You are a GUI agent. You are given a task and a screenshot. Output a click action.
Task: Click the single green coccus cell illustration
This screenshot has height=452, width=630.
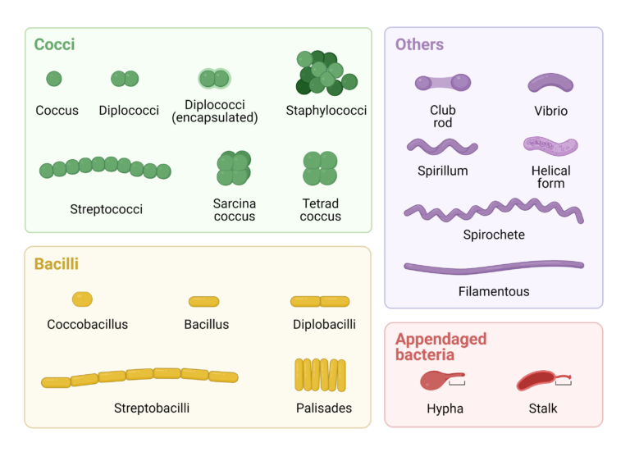click(54, 79)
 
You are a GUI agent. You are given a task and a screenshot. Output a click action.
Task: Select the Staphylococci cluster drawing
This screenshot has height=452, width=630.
click(326, 73)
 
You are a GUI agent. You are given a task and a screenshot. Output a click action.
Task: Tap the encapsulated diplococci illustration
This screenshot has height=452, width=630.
click(215, 79)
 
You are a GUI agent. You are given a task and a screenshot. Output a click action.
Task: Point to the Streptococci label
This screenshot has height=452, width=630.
click(106, 209)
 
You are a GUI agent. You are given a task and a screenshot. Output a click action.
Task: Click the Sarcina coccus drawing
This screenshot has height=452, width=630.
click(234, 168)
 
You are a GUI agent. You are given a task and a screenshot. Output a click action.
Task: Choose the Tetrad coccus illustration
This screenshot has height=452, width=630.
click(320, 168)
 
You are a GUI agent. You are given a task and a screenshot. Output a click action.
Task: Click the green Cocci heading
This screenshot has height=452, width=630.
click(54, 44)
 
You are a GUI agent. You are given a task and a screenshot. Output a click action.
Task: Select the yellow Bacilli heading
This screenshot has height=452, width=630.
click(57, 264)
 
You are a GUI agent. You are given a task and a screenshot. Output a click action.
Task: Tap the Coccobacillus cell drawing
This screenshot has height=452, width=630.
click(82, 299)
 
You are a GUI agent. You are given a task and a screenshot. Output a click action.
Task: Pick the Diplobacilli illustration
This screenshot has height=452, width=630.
click(320, 301)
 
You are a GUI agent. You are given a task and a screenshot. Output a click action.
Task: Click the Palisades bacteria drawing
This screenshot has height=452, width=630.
click(320, 375)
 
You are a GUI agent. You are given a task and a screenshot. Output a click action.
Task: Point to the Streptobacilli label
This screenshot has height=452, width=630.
click(152, 409)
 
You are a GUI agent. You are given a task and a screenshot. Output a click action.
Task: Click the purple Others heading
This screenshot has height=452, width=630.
click(419, 44)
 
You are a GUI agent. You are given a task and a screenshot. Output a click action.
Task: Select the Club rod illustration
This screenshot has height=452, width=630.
click(443, 83)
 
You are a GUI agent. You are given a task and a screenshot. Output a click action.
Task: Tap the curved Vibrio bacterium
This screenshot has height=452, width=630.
click(550, 82)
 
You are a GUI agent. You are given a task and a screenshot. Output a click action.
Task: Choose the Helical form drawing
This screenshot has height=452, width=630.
click(550, 146)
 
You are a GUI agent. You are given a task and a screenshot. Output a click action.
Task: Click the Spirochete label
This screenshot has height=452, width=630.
click(494, 235)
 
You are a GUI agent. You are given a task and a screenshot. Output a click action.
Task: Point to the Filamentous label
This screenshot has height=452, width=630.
click(494, 291)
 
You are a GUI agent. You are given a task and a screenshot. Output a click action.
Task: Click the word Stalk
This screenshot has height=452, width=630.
click(543, 409)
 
